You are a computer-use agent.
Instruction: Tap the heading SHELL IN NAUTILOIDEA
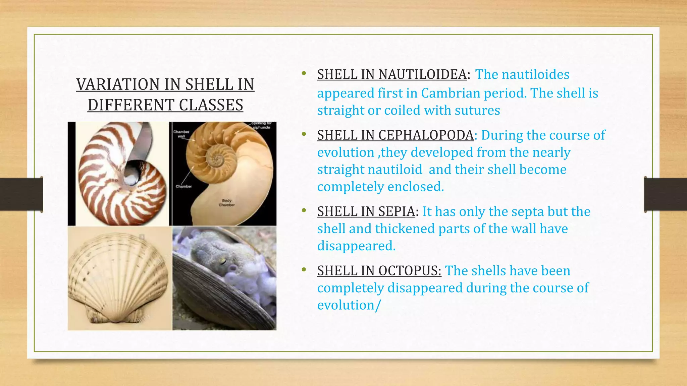(x=392, y=74)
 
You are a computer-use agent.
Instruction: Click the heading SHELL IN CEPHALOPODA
(x=395, y=135)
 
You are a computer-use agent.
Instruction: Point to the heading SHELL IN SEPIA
(x=366, y=211)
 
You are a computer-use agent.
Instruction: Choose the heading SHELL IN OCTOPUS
(x=379, y=271)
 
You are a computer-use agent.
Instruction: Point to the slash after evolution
(x=378, y=305)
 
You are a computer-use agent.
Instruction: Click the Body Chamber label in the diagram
(x=227, y=203)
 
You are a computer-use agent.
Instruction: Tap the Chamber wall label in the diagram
(x=181, y=134)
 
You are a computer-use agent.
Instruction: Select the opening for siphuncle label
(x=261, y=125)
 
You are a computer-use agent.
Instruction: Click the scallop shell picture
(x=118, y=279)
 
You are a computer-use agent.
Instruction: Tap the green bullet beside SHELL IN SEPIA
(x=304, y=210)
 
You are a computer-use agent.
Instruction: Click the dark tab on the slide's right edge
(x=665, y=194)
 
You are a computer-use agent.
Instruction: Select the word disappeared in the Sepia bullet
(x=356, y=246)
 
